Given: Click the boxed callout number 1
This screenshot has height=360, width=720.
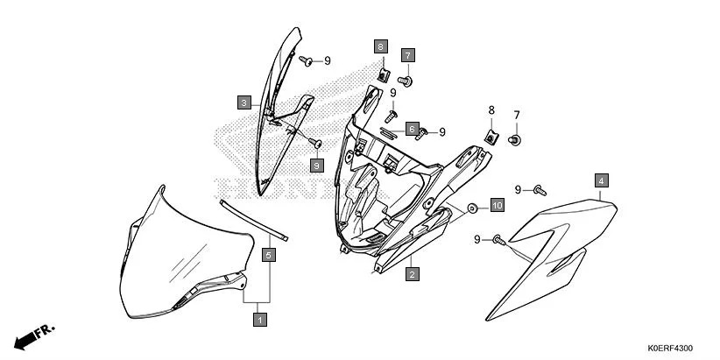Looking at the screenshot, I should coord(259,321).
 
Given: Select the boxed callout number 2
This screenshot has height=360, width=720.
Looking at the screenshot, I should coord(410,274).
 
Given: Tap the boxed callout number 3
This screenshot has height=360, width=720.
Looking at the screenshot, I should coord(244,102).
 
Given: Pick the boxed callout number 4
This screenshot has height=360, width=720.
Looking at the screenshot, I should coord(601,180).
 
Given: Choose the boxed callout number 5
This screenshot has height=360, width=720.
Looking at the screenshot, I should coord(270,255).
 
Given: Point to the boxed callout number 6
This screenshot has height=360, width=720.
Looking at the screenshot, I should coord(410,129).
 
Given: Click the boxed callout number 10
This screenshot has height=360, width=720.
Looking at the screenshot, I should coord(497,206).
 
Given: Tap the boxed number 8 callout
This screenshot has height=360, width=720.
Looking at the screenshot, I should coord(380,46).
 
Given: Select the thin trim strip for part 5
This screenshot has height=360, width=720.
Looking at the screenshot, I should coord(254,219).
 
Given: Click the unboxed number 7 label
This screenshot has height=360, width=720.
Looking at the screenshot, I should coord(517,116).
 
